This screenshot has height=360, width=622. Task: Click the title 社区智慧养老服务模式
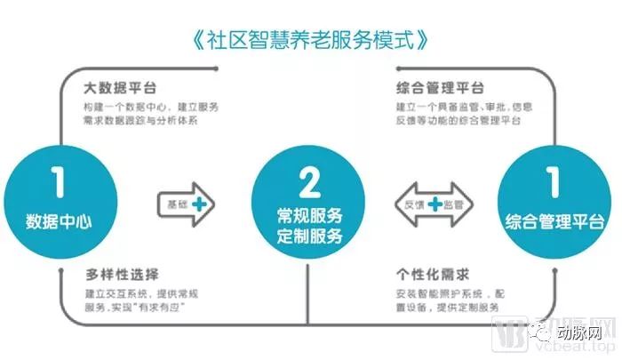[310, 39]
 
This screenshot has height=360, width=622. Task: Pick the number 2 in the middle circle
[309, 182]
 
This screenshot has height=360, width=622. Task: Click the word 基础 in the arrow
[178, 204]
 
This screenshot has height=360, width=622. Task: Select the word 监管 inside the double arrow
[457, 204]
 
